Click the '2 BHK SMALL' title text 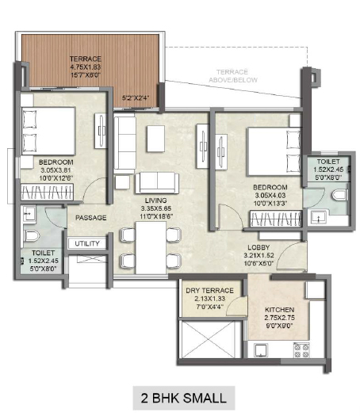(184, 398)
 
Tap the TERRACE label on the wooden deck (85, 59)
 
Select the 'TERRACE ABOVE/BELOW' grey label (233, 76)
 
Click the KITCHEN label (279, 310)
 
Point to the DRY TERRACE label (209, 291)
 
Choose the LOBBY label (259, 247)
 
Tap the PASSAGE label (91, 218)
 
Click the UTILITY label (86, 243)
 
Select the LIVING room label (156, 200)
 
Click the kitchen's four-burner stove (301, 350)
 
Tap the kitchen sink (261, 350)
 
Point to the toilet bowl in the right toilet (339, 195)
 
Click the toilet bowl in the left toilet (32, 235)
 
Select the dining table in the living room (151, 248)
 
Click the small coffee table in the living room (156, 139)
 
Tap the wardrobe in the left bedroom (48, 192)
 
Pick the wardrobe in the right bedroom (276, 219)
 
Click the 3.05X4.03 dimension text (270, 196)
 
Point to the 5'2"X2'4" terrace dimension (136, 98)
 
